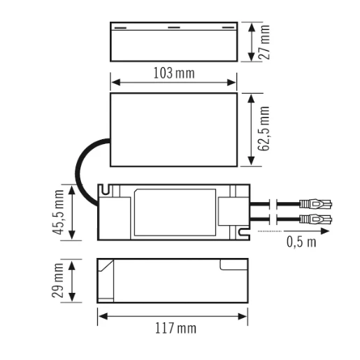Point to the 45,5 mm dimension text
click(59, 213)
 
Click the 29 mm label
click(59, 280)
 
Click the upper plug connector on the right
click(314, 205)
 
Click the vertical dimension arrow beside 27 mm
click(251, 42)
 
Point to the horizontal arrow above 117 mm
click(173, 315)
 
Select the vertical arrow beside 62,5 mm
click(251, 129)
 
